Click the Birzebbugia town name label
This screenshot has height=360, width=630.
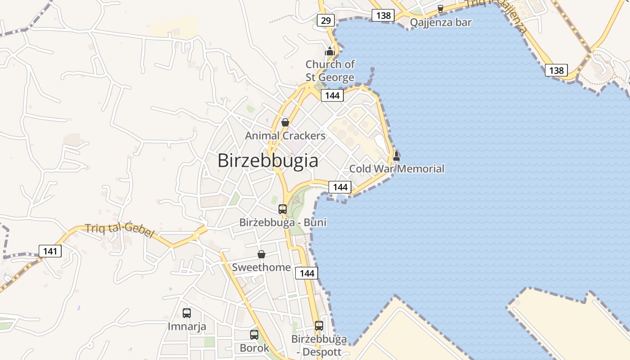coord(268,161)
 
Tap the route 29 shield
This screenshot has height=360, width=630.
coord(325,20)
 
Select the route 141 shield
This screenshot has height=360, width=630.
coord(50,251)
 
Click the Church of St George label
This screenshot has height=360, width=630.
coord(330,71)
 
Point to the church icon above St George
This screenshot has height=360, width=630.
coord(330,51)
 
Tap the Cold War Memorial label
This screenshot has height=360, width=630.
coord(396,169)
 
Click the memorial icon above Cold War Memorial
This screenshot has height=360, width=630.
coord(396,156)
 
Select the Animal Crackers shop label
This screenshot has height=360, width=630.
coord(285,135)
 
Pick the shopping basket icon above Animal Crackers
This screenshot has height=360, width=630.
coord(285,122)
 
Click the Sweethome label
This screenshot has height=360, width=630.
coord(261,267)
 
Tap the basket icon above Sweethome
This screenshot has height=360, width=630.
coord(261,254)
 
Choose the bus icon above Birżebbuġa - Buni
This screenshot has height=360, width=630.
coord(283,209)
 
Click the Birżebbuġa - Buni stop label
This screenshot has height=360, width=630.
coord(283,222)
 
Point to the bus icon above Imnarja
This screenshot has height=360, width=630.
coord(187,313)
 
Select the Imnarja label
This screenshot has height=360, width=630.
coord(187,326)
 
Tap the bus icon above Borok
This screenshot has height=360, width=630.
coord(254,334)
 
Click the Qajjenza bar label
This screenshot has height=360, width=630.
coord(441,22)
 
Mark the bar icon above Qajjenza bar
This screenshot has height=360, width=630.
coord(441,9)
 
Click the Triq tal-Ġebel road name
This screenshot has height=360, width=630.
coord(120,230)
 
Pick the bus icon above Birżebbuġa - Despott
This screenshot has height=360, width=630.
coord(319,325)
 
